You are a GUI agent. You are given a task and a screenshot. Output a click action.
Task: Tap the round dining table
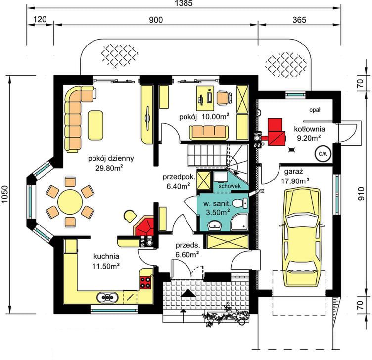click(x=70, y=202)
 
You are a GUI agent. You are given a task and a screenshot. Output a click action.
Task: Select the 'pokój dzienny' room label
click(x=111, y=158)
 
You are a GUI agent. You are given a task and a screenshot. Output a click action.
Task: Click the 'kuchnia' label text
click(x=106, y=256)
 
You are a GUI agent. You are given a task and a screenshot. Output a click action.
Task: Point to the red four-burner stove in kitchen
click(x=145, y=282)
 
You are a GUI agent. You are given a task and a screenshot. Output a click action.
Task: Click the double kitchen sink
click(x=107, y=297)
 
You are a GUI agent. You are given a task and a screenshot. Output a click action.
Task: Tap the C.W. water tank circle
click(x=323, y=154)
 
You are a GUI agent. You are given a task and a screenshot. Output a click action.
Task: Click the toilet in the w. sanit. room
click(x=240, y=203)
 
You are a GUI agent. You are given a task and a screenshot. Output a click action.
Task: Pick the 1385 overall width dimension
click(x=184, y=3)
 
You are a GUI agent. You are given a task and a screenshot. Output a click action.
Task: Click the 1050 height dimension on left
click(x=5, y=194)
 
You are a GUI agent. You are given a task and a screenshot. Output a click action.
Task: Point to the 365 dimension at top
click(x=299, y=20)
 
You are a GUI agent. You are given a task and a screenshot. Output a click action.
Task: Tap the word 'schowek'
click(x=230, y=186)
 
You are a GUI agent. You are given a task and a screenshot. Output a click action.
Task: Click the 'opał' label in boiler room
click(x=315, y=110)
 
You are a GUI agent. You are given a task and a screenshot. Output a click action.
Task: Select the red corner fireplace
click(x=144, y=226)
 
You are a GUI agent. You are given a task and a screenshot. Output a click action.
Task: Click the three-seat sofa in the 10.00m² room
click(x=209, y=133)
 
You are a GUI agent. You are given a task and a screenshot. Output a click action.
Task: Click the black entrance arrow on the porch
click(x=188, y=293)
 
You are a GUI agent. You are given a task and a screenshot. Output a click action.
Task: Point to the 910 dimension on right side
click(x=361, y=193)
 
